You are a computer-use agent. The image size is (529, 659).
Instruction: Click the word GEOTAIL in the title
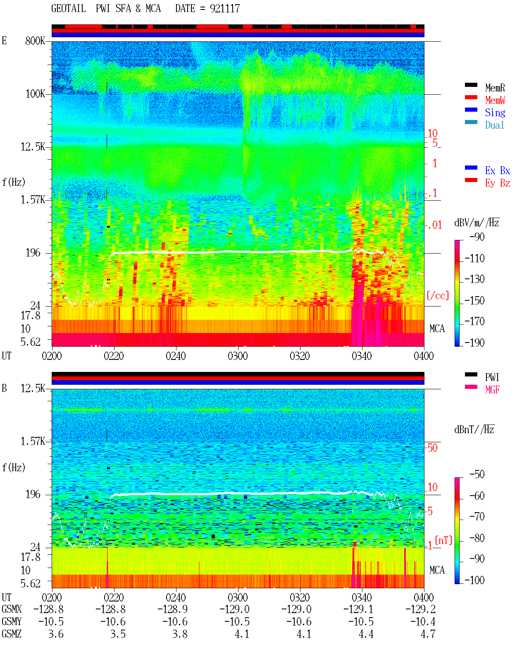pyautogui.click(x=69, y=8)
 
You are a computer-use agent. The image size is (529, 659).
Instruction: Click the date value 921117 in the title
pyautogui.click(x=225, y=8)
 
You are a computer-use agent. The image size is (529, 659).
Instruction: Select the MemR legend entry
pyautogui.click(x=495, y=88)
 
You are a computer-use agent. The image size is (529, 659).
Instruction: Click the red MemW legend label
pyautogui.click(x=495, y=100)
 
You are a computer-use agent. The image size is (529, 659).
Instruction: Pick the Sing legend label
pyautogui.click(x=495, y=113)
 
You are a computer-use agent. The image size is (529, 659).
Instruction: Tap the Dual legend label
pyautogui.click(x=495, y=125)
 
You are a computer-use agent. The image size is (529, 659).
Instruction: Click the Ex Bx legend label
pyautogui.click(x=498, y=170)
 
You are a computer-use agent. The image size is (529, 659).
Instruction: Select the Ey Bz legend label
pyautogui.click(x=498, y=183)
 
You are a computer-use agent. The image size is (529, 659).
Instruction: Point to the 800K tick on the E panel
pyautogui.click(x=35, y=41)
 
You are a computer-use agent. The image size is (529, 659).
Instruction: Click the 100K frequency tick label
pyautogui.click(x=35, y=94)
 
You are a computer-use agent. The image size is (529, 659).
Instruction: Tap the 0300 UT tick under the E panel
pyautogui.click(x=238, y=356)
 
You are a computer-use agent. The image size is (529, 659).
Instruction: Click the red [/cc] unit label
pyautogui.click(x=438, y=295)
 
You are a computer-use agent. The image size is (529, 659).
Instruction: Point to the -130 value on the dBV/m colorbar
pyautogui.click(x=474, y=279)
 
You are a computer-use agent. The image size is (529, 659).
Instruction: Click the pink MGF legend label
pyautogui.click(x=492, y=390)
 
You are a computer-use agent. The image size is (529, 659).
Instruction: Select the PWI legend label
pyautogui.click(x=492, y=377)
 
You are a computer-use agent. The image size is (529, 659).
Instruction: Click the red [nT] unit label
pyautogui.click(x=443, y=540)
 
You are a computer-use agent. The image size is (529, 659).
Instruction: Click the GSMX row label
pyautogui.click(x=12, y=609)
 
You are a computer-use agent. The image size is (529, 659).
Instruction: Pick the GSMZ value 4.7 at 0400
pyautogui.click(x=428, y=634)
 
